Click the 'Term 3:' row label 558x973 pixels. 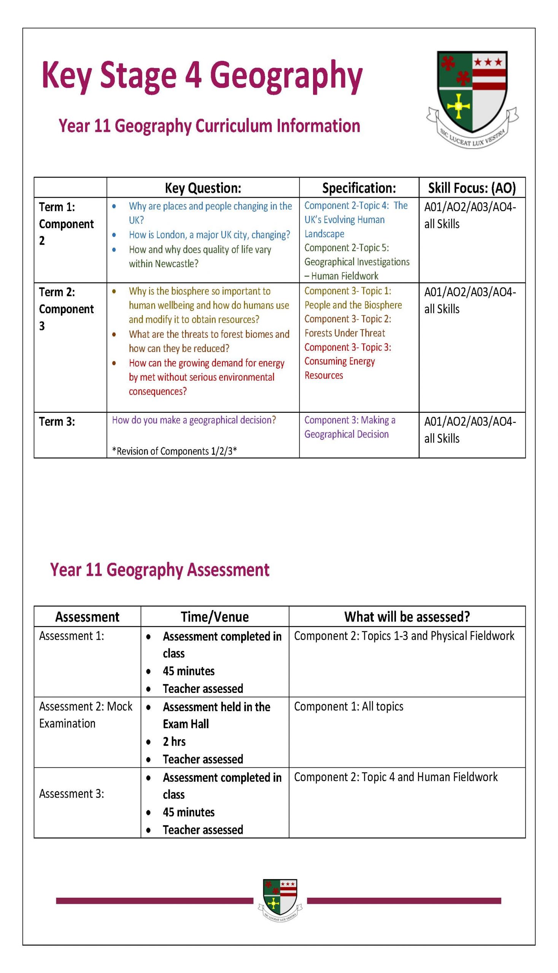pyautogui.click(x=57, y=422)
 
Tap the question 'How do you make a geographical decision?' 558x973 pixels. pyautogui.click(x=194, y=420)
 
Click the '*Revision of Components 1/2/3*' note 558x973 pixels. pyautogui.click(x=174, y=451)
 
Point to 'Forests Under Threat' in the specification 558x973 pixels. pyautogui.click(x=345, y=333)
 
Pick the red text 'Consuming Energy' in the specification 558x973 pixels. pyautogui.click(x=340, y=361)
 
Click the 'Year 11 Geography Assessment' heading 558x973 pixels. pyautogui.click(x=160, y=569)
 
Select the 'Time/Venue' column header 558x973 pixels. pyautogui.click(x=215, y=617)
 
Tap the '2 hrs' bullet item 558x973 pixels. pyautogui.click(x=174, y=741)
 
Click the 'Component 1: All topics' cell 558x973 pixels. pyautogui.click(x=348, y=706)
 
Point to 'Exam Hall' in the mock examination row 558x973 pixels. pyautogui.click(x=186, y=724)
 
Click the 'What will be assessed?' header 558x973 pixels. pyautogui.click(x=407, y=617)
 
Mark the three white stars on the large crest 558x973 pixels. pyautogui.click(x=488, y=62)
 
